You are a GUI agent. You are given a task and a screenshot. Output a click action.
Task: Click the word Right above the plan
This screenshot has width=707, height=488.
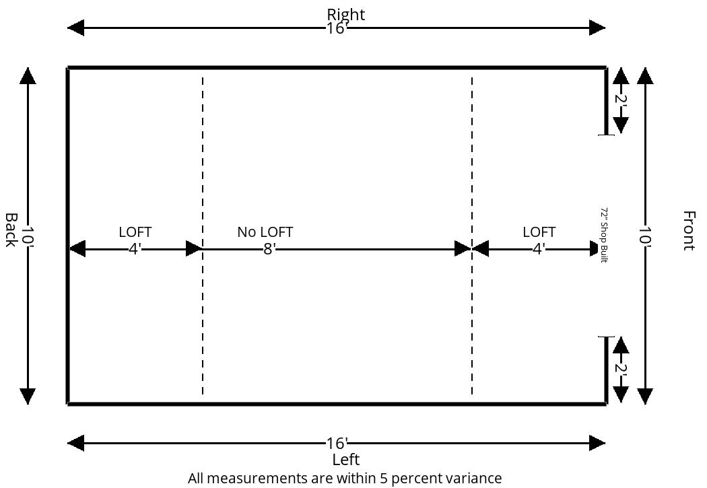coord(346,14)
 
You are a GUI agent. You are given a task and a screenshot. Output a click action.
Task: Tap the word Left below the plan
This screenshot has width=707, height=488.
coord(346,460)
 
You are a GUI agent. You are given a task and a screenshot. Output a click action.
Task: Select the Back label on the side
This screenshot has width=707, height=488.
coord(11,230)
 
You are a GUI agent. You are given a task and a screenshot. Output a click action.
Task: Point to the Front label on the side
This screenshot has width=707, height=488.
coord(688,230)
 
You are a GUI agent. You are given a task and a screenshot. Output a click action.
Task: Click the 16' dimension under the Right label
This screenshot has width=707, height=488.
coord(337,28)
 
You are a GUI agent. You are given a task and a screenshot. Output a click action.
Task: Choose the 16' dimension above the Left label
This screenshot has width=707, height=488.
coord(337,444)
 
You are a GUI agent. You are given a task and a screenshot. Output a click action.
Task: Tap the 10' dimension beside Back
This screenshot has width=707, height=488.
coord(28,236)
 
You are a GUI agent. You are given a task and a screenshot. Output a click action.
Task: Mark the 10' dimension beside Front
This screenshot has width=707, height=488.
coord(645,236)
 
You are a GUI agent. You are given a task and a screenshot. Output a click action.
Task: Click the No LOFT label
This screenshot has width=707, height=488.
coord(265,232)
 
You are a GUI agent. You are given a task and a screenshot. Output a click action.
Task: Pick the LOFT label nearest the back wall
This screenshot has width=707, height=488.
coord(135,232)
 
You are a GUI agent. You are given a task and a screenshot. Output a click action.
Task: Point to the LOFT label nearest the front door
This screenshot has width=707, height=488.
coord(539,232)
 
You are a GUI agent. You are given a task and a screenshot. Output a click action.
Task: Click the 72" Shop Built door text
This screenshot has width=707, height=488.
coord(604,235)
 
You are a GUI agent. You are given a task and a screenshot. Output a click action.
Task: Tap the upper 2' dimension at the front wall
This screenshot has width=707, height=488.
coord(621,100)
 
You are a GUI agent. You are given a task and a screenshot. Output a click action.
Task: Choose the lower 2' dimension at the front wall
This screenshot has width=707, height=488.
coord(621,368)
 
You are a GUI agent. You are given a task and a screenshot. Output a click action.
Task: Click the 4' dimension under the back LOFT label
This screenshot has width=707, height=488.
coord(135,249)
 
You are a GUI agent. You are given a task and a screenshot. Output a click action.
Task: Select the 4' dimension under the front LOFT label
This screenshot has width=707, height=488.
coord(539,249)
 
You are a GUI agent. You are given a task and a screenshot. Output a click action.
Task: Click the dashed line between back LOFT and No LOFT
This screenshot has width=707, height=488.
coord(203,236)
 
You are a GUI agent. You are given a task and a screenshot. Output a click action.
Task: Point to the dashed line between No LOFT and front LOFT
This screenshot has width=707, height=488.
coord(472,236)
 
